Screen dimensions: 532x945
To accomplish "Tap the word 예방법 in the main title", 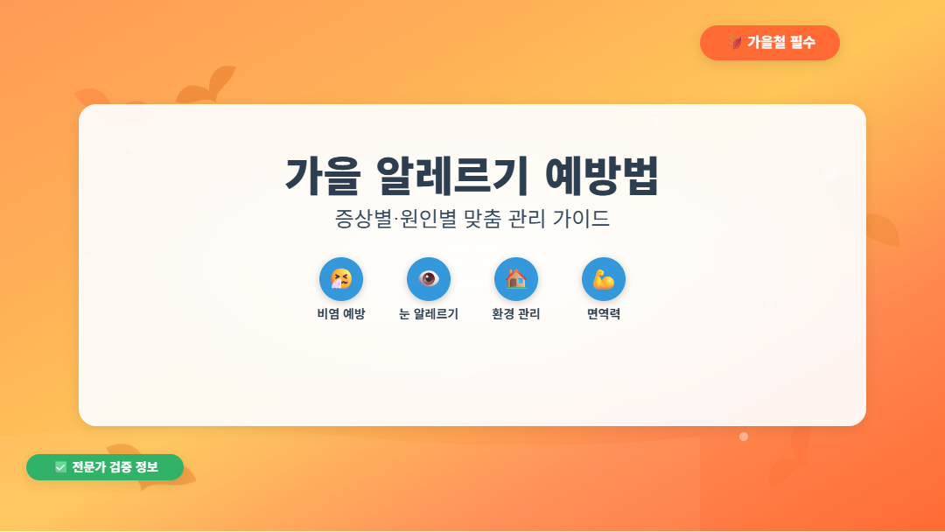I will point(601,177).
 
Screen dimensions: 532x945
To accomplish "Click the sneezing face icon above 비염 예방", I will point(341,279).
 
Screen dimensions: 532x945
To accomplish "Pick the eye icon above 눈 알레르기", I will point(429,279).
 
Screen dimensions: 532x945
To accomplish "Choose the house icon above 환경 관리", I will point(516,279).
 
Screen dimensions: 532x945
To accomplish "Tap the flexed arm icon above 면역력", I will point(604,279).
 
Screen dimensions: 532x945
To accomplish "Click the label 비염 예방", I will point(341,314).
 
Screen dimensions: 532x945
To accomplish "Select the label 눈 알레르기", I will point(429,314).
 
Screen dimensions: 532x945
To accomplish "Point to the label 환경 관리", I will point(516,314).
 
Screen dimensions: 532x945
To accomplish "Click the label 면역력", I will point(604,314).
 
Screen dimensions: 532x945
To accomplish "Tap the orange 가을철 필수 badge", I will point(770,43).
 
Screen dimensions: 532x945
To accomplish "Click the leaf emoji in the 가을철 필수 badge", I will point(736,43).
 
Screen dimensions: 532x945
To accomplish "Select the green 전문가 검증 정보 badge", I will point(105,467).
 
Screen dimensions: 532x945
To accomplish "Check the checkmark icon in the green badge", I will point(60,467).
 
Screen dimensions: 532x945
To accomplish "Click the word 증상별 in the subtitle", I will point(360,219).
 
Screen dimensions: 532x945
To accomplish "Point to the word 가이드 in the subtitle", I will point(582,219).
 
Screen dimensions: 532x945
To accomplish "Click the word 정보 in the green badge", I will point(146,467).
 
